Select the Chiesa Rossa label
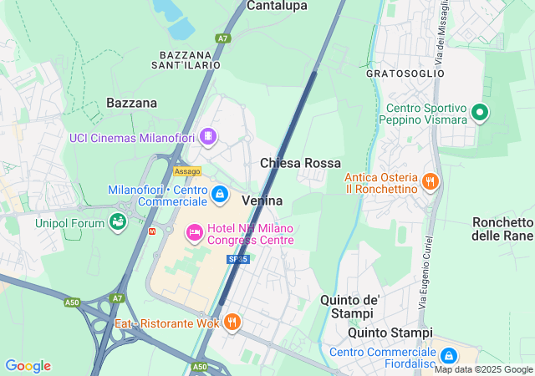point(300,163)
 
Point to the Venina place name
point(262,201)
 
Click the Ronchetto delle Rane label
point(502,229)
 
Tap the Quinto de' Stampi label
point(350,307)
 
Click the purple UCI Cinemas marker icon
point(208,136)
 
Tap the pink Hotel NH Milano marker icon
point(194,231)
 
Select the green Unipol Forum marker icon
point(118,222)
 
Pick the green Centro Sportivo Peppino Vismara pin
point(480,111)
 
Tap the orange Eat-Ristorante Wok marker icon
point(232,322)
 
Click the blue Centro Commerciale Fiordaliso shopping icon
point(448,355)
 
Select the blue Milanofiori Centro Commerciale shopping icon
point(219,196)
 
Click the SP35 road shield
point(240,259)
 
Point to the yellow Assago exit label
point(187,171)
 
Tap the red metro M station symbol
point(151,231)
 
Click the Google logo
point(28,366)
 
